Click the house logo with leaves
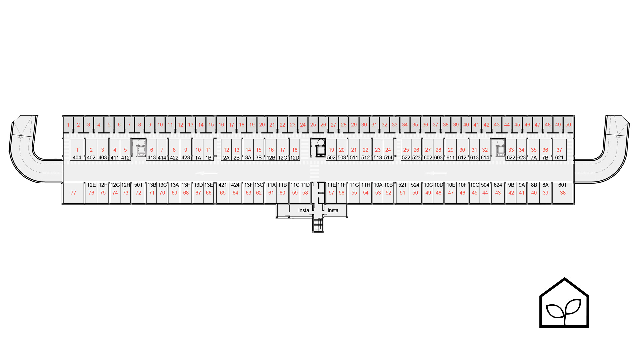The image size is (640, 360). [x=564, y=303]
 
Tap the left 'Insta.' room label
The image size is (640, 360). [x=304, y=210]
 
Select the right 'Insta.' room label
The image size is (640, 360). [x=334, y=210]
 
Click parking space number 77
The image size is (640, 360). [x=73, y=193]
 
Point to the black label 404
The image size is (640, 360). [x=77, y=158]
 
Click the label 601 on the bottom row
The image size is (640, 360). [x=562, y=185]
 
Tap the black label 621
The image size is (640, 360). [x=559, y=158]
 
